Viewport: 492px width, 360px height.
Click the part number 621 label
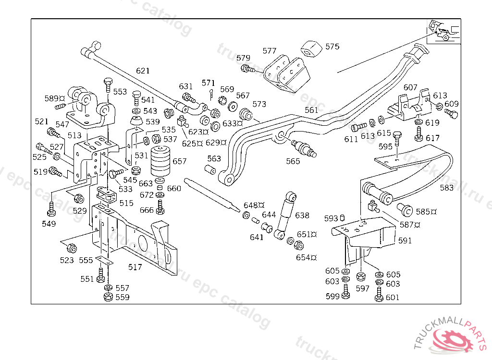point(143,71)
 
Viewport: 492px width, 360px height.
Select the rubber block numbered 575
point(311,48)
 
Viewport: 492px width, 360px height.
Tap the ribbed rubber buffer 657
point(161,162)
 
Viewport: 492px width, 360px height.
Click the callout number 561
point(311,110)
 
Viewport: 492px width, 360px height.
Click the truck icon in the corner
point(443,31)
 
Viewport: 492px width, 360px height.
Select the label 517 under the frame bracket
point(135,267)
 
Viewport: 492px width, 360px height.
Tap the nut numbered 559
point(108,297)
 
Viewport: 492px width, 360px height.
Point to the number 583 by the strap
point(447,188)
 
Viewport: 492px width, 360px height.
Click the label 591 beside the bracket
point(405,240)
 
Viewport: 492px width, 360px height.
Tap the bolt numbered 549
point(51,210)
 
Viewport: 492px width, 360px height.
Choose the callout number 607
point(410,87)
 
